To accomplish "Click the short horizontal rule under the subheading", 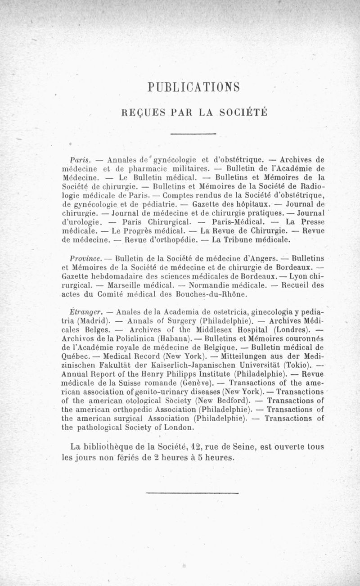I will (194, 134).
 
